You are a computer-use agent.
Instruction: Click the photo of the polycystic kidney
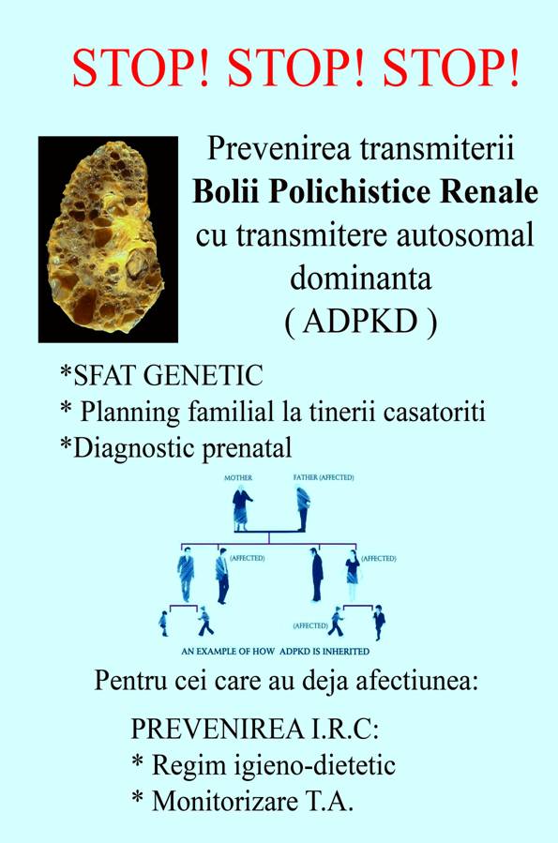108,239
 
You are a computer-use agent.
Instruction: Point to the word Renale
476,191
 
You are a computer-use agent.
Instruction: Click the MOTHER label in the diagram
238,477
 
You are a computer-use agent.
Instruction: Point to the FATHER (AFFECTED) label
324,477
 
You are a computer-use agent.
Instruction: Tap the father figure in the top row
303,508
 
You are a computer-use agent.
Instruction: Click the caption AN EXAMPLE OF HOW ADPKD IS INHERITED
275,651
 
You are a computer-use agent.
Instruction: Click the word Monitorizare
225,801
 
